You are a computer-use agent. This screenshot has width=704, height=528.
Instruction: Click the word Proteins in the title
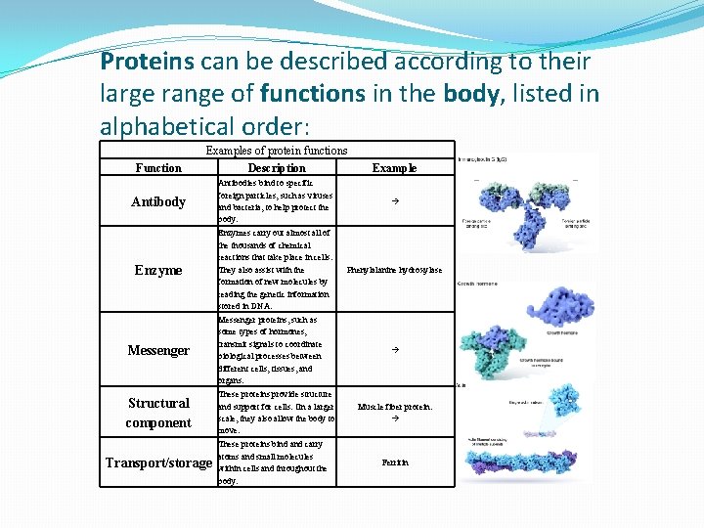[x=147, y=62]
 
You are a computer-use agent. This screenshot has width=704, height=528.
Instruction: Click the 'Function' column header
[x=158, y=168]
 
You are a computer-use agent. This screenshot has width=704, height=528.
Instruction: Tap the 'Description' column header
[x=277, y=168]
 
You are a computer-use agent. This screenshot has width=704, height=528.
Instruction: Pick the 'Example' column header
[x=394, y=168]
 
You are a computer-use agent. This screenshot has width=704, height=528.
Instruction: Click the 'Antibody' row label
[x=158, y=201]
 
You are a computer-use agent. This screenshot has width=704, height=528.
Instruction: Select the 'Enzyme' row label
[x=158, y=270]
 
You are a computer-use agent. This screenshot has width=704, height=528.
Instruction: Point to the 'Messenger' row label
[x=158, y=350]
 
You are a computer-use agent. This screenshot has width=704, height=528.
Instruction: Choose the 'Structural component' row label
[x=158, y=413]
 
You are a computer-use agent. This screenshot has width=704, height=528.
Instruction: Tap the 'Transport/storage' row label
[x=158, y=462]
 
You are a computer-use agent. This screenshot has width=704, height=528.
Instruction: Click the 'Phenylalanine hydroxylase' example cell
[x=394, y=270]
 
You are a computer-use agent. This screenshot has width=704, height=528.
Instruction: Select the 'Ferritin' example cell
[x=394, y=462]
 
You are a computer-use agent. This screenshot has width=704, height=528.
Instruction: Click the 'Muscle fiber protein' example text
[x=394, y=407]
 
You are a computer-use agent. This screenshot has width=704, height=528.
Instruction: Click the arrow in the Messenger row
[x=394, y=350]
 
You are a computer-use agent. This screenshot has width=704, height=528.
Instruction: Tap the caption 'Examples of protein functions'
[x=276, y=151]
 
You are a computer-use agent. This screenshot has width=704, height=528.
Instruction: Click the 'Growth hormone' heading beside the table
[x=478, y=285]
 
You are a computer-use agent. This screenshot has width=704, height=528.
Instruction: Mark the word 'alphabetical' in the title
[x=162, y=126]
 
